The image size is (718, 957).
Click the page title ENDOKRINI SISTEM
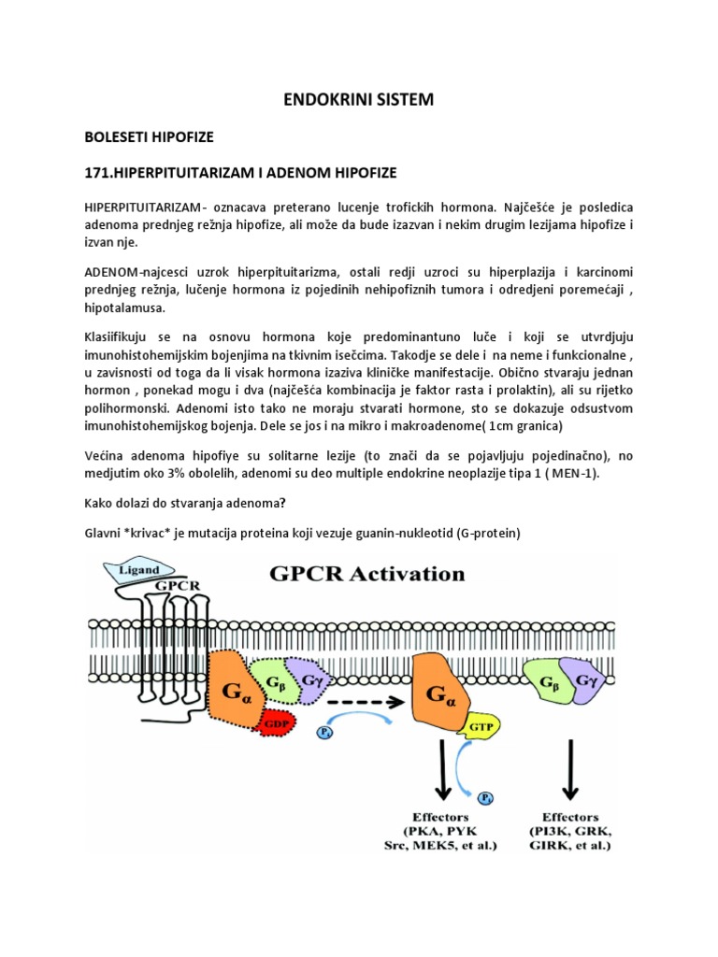pos(359,99)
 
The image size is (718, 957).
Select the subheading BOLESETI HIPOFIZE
pos(150,136)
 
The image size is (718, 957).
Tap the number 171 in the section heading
pos(98,173)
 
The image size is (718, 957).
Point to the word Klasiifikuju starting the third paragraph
pos(122,334)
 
